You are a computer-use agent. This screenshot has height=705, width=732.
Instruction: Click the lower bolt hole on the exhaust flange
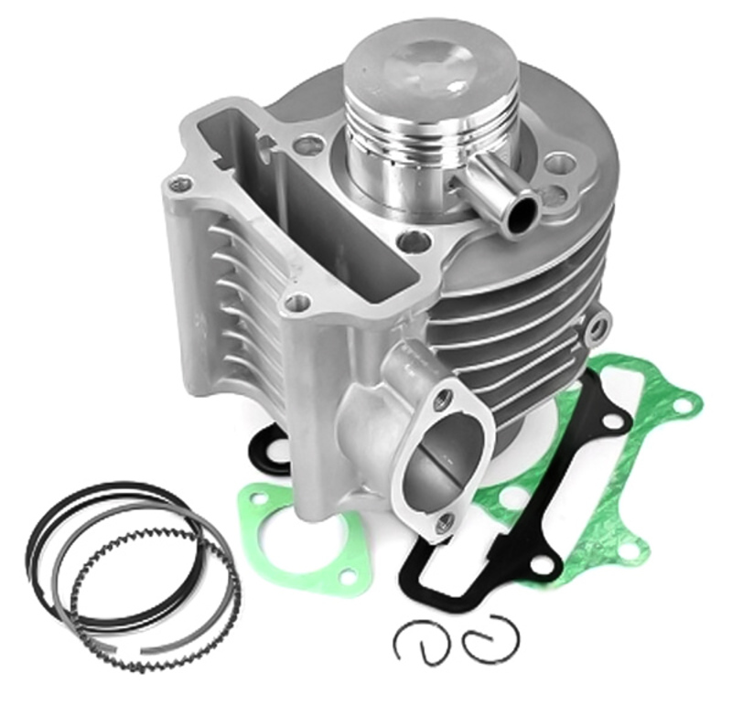pos(445,522)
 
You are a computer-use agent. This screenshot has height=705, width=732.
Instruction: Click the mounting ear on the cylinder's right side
pos(599,322)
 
